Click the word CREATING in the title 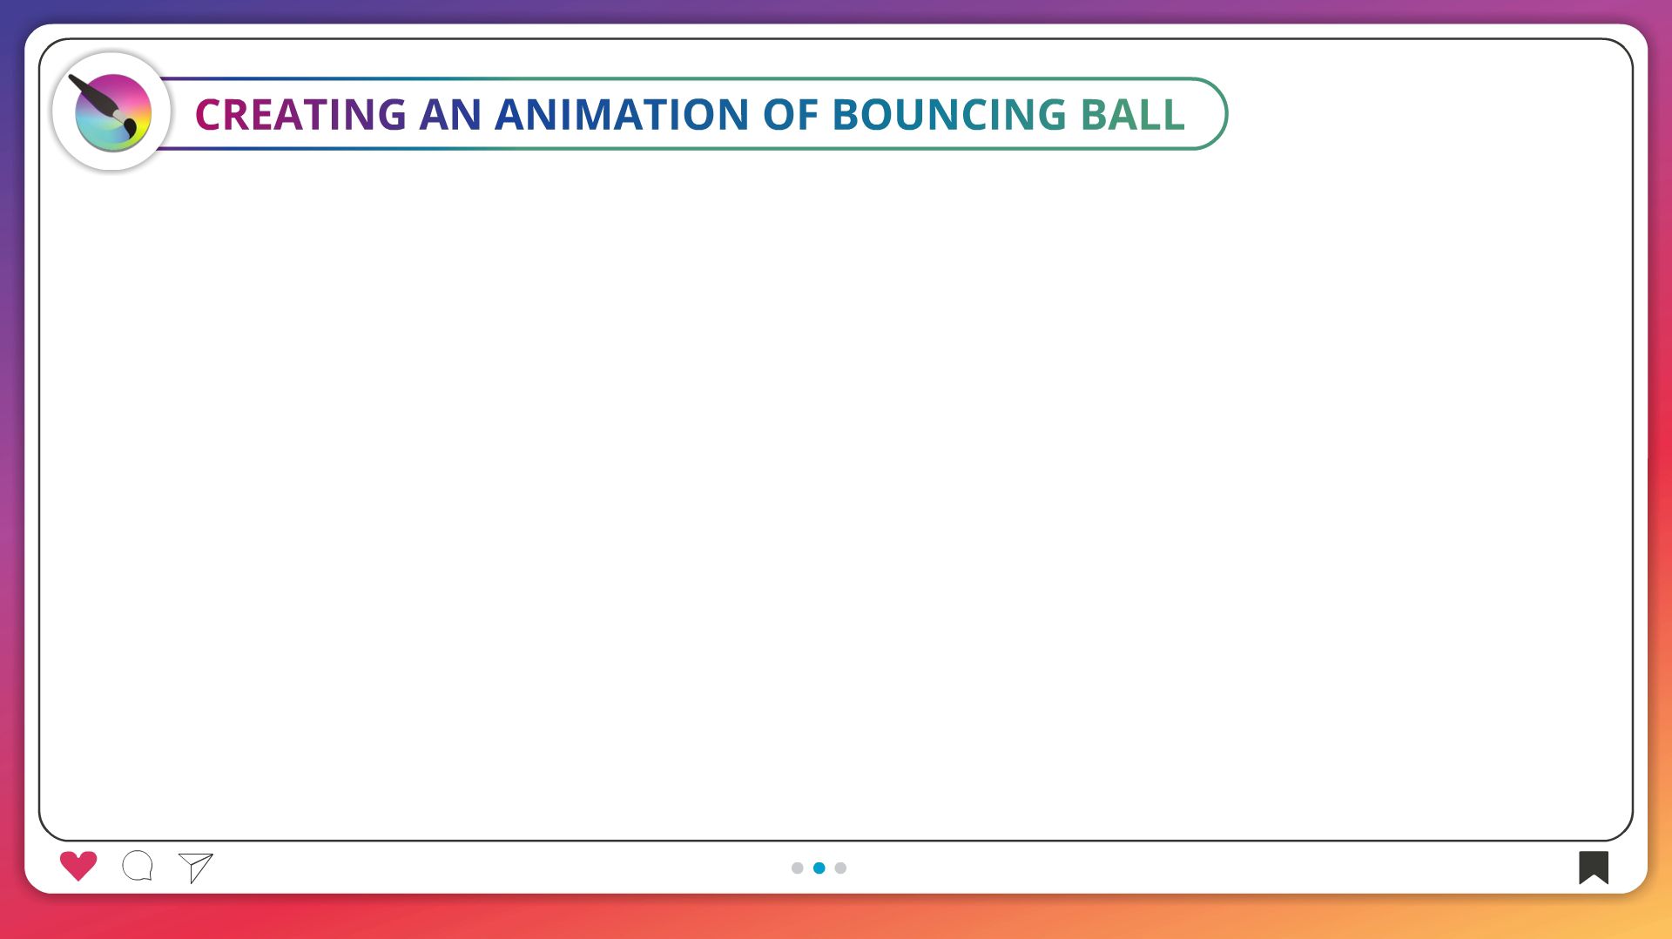[x=300, y=114]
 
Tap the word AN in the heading [x=450, y=114]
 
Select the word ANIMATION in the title [x=622, y=114]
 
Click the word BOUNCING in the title [x=949, y=114]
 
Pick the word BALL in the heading [x=1133, y=114]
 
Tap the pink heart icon [x=78, y=866]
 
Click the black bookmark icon [x=1594, y=867]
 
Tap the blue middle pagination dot [x=819, y=868]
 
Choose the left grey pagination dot [x=797, y=868]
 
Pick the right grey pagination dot [x=840, y=868]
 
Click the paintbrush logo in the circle [x=111, y=112]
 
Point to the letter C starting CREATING [x=210, y=114]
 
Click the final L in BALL [x=1172, y=114]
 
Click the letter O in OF [x=779, y=114]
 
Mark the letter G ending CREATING [x=390, y=114]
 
